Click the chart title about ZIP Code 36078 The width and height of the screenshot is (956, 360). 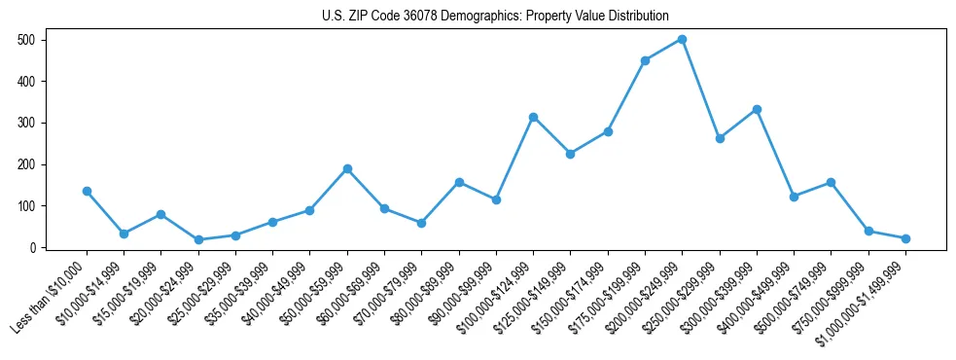495,16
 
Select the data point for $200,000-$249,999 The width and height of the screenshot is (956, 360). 683,39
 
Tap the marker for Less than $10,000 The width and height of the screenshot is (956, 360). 87,191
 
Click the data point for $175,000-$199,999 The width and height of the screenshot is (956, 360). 645,60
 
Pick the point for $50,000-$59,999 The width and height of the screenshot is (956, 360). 347,168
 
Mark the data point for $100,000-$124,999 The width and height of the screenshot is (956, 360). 533,117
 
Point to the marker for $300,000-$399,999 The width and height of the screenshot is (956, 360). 757,109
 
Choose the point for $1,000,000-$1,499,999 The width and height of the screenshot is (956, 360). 905,238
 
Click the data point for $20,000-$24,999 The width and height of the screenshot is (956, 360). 198,239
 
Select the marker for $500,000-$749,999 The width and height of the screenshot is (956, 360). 832,182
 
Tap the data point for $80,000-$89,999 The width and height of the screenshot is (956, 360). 459,182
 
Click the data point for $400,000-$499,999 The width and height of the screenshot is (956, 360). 794,197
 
